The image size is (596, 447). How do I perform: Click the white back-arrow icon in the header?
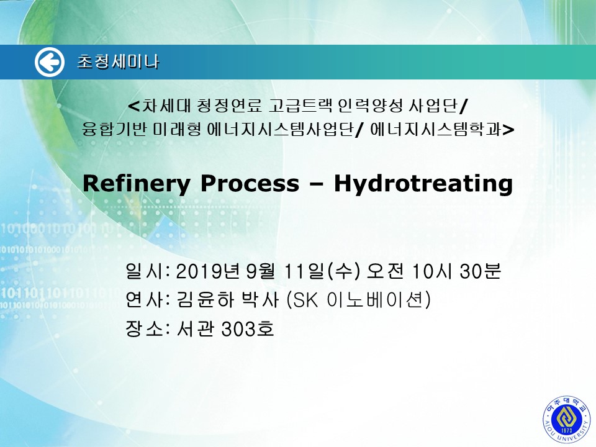click(x=50, y=62)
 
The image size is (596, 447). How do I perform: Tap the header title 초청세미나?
click(x=118, y=61)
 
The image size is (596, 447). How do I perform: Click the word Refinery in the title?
click(x=136, y=184)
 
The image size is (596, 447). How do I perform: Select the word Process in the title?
click(x=250, y=183)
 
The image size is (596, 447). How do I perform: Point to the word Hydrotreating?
click(x=423, y=184)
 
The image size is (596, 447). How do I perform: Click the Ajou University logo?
click(x=567, y=419)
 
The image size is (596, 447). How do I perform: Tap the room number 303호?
click(x=248, y=328)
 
